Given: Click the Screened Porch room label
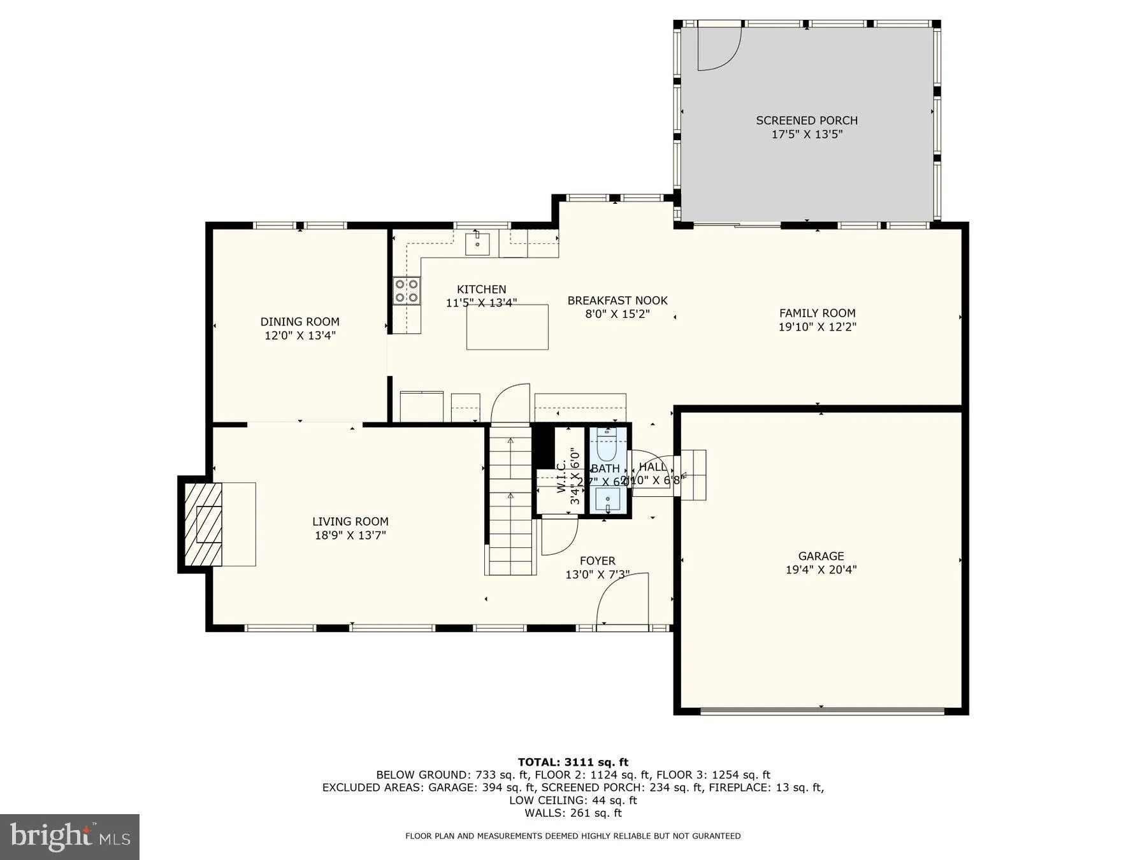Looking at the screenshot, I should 807,120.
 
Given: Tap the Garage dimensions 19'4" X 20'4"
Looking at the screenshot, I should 821,570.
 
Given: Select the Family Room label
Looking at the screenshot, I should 817,313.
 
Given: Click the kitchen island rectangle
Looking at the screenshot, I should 507,327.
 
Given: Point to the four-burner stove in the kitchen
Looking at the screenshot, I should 406,290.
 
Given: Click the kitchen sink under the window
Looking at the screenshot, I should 477,244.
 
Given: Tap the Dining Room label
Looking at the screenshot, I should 299,322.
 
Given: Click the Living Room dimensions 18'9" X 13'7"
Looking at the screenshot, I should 350,536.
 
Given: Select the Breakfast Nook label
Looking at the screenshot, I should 617,301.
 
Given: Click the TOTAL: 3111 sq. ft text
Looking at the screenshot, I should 573,762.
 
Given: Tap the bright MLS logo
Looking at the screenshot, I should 69,836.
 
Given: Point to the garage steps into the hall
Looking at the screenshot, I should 693,475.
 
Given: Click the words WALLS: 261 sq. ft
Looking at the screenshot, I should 573,813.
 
